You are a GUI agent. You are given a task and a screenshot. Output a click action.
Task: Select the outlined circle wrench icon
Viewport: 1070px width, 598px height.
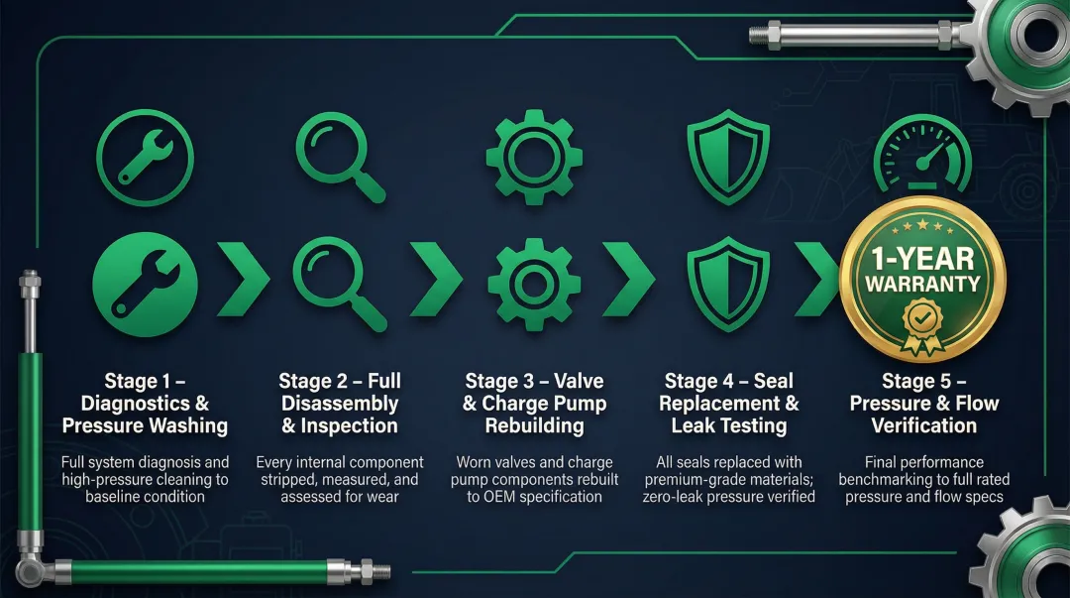145,157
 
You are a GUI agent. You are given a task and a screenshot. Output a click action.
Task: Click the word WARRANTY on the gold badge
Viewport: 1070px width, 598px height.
922,284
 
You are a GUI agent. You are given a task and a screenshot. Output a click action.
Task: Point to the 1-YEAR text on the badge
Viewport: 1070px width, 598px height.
922,259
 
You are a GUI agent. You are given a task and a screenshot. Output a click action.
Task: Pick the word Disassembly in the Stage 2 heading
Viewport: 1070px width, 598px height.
340,404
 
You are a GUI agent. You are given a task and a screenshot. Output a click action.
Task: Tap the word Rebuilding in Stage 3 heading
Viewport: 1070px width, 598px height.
536,425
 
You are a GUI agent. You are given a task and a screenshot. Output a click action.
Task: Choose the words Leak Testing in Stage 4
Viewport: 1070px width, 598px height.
729,425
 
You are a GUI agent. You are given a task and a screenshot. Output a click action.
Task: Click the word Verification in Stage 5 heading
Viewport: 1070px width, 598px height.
923,425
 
